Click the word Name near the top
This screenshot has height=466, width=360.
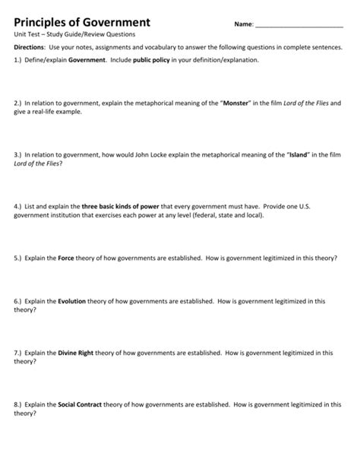(243, 24)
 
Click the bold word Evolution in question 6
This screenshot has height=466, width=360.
(73, 301)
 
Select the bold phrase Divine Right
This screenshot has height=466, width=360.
(80, 353)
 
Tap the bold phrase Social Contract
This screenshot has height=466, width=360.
(84, 404)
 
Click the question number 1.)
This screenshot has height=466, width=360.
(20, 59)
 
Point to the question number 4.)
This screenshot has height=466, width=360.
(20, 205)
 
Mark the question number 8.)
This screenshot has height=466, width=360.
(20, 404)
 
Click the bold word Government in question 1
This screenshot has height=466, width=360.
(87, 59)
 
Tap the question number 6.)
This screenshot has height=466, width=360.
(20, 301)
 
